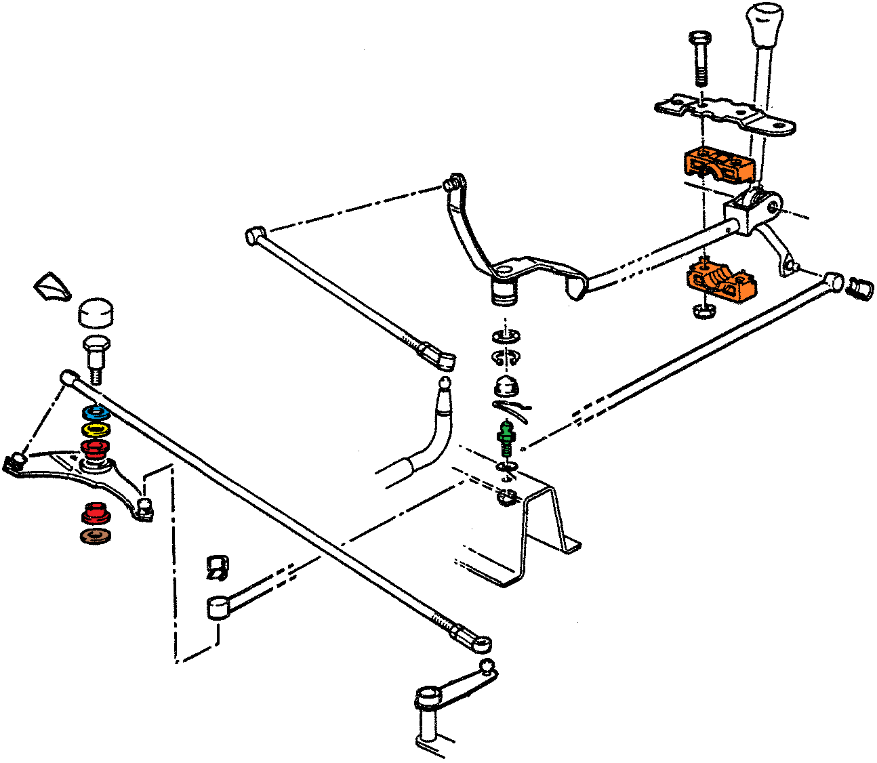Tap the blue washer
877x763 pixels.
pos(96,413)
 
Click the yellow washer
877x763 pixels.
pos(96,430)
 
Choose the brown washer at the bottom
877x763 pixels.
pos(96,536)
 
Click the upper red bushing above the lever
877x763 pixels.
pos(96,447)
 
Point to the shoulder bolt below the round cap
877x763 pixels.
pos(96,356)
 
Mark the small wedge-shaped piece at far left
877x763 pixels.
pos(52,287)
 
